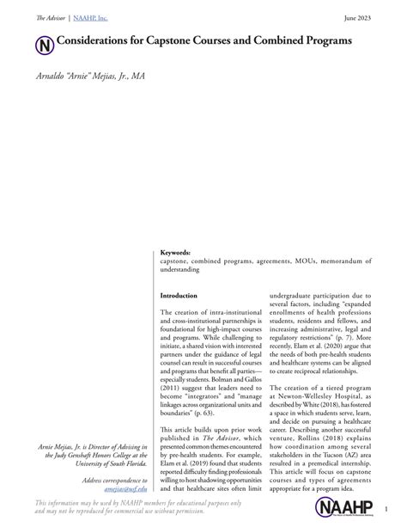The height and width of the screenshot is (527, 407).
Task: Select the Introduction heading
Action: [x=179, y=296]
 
